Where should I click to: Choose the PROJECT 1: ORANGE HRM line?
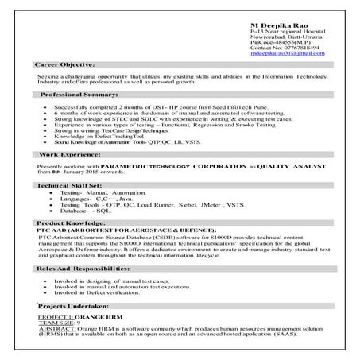[x=74, y=315]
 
